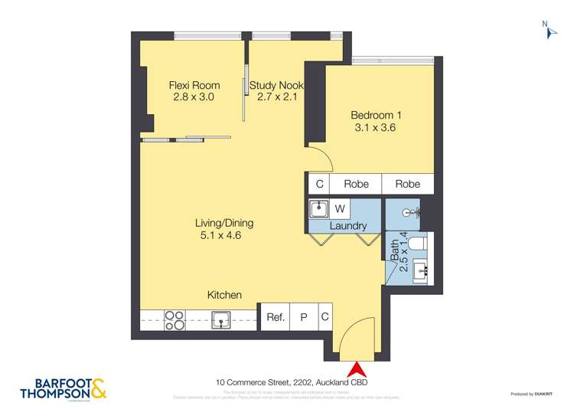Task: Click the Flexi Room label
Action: [194, 91]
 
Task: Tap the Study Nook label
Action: [276, 91]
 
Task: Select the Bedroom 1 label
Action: [376, 121]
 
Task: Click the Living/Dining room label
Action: [224, 229]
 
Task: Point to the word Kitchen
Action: [224, 295]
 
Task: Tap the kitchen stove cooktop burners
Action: [174, 319]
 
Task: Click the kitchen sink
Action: [222, 319]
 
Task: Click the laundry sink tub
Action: [319, 208]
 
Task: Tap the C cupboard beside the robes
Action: [319, 184]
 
